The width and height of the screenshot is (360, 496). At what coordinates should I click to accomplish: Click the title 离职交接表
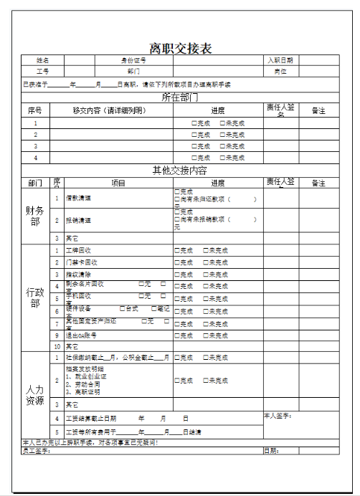(180, 49)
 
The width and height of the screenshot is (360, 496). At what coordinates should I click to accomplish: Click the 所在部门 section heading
(180, 97)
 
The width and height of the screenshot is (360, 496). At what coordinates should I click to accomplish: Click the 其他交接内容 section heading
(180, 171)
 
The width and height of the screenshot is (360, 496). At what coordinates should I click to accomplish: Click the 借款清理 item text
(78, 199)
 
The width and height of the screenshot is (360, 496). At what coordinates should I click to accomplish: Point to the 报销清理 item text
(78, 221)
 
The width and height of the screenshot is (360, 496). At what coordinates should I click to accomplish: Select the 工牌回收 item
(78, 251)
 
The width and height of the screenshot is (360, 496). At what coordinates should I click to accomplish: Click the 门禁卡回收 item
(80, 262)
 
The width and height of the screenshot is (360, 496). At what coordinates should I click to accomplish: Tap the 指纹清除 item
(78, 275)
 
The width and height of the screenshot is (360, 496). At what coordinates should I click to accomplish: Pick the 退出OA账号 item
(81, 335)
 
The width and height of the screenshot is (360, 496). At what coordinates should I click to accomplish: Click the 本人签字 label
(278, 416)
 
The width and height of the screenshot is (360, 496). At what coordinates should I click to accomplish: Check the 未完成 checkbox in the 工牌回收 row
(205, 251)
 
